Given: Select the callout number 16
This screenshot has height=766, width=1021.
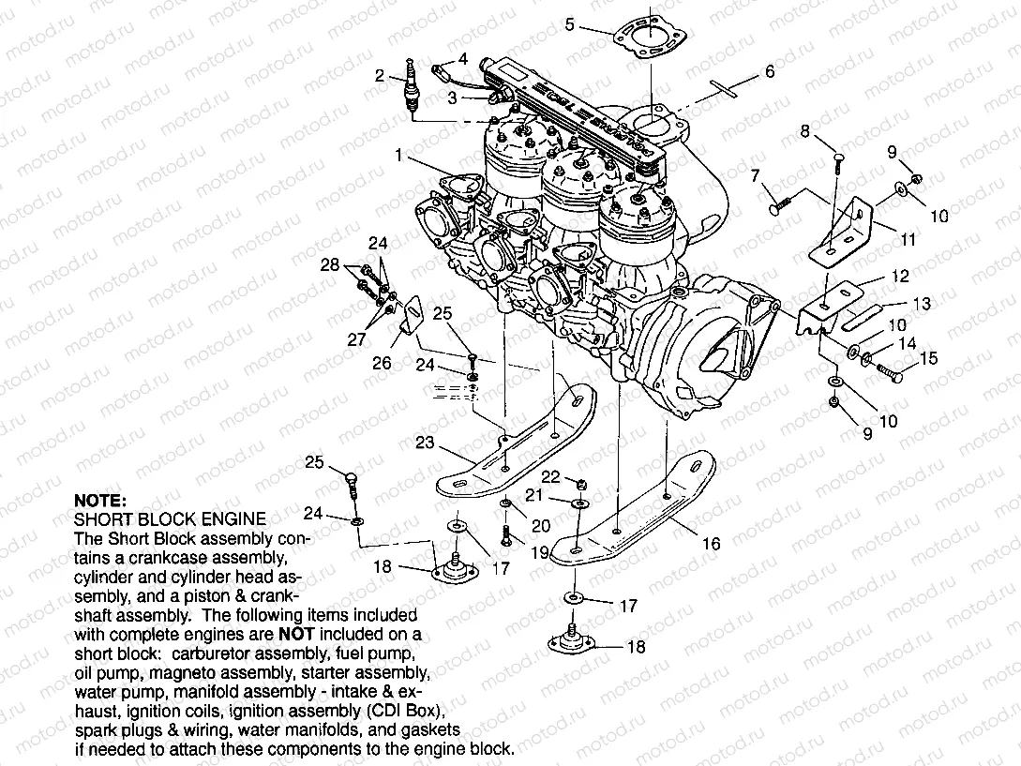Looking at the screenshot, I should tap(711, 543).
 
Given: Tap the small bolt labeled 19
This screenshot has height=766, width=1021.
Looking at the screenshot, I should tap(507, 537).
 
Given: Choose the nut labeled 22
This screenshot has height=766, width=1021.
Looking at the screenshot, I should tap(580, 484).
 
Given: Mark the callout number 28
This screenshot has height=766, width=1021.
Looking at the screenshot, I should tap(328, 266).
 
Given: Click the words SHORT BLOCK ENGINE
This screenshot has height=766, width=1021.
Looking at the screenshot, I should tap(170, 518).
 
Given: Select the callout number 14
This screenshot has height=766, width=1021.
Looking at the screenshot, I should tap(906, 344).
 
